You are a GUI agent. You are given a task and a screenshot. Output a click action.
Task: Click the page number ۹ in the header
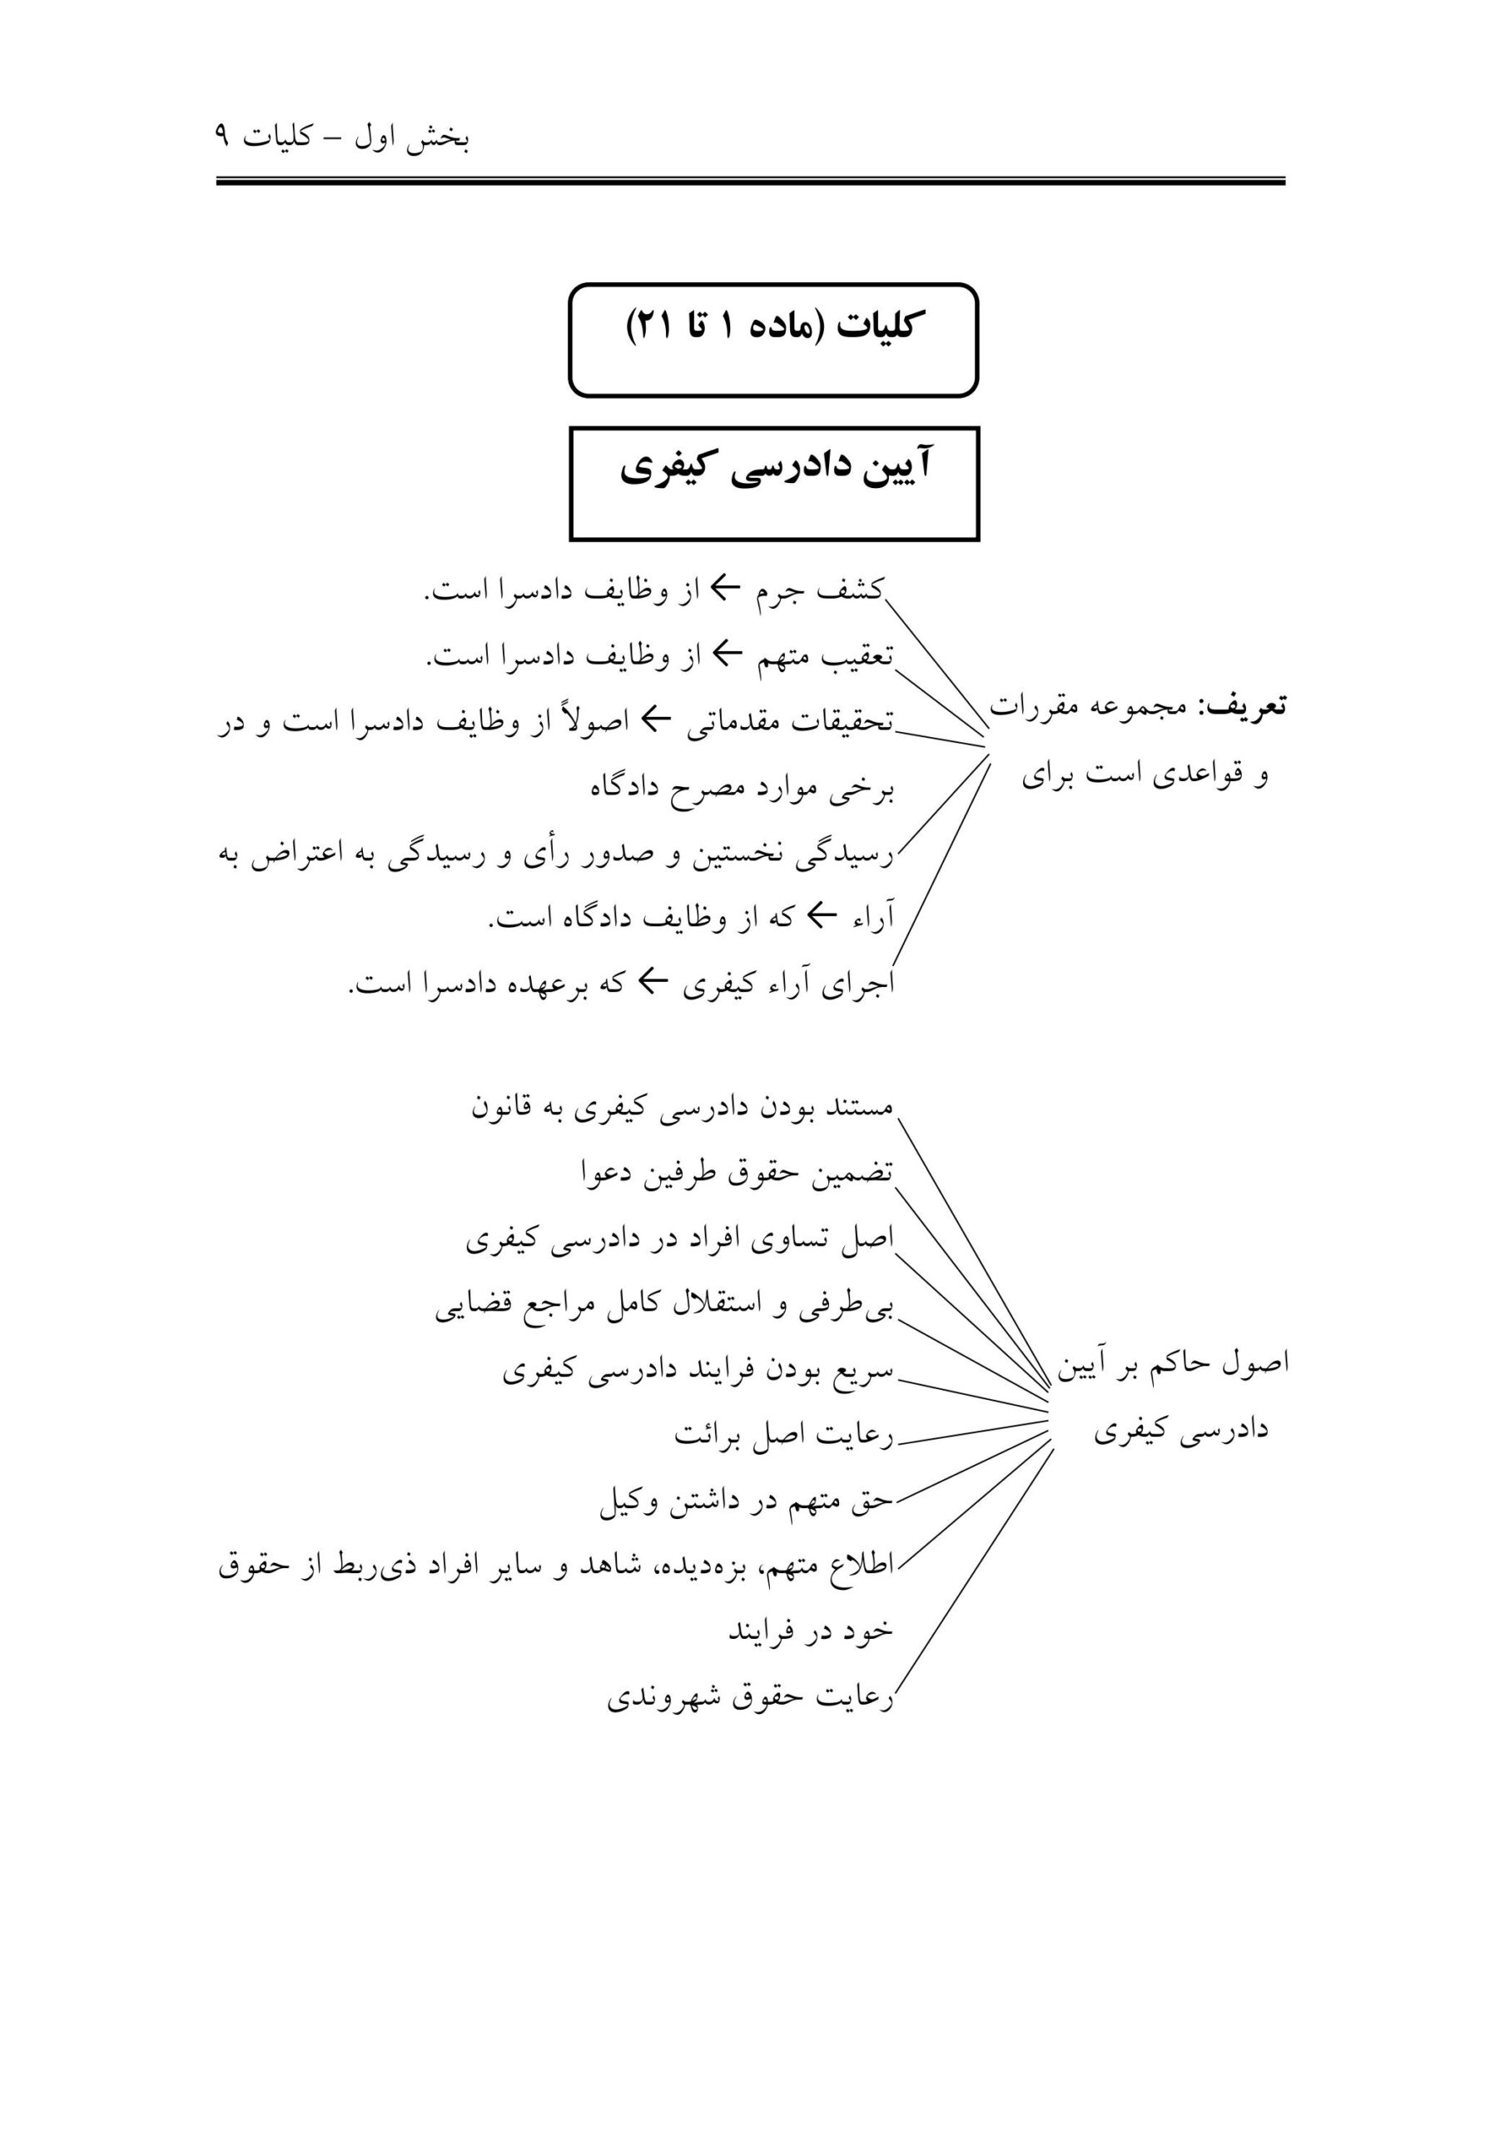click(x=222, y=137)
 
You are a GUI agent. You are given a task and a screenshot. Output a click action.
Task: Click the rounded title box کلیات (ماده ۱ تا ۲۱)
click(x=773, y=339)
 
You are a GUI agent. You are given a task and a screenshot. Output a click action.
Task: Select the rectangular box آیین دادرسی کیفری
click(x=774, y=482)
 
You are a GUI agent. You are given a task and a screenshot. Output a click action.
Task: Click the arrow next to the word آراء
click(x=822, y=916)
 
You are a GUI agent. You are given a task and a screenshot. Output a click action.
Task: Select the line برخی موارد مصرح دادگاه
click(x=742, y=788)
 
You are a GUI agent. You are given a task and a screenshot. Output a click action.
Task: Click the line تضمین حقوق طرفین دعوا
click(x=736, y=1173)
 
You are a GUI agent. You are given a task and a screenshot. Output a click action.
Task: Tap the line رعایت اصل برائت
click(x=783, y=1435)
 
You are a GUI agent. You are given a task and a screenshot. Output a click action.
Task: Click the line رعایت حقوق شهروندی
click(x=749, y=1698)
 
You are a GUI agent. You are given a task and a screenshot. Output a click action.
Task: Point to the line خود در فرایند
click(x=809, y=1631)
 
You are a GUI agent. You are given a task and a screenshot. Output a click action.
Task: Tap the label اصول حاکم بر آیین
click(x=1172, y=1363)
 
